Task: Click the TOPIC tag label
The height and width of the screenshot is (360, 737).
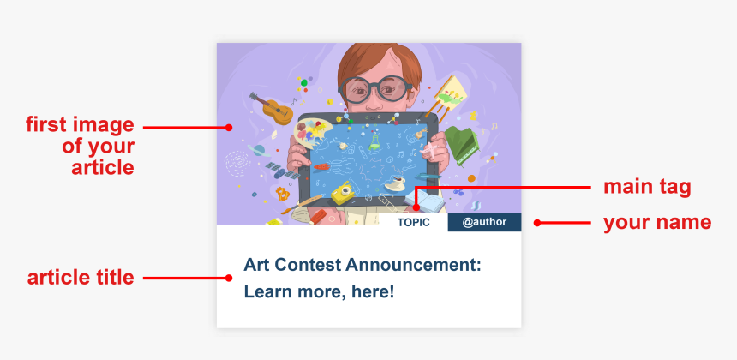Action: click(414, 222)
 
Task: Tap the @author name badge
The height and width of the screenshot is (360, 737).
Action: click(484, 222)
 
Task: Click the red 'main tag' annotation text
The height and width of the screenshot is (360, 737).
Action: click(647, 187)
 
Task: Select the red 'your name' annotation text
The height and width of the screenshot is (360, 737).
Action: click(657, 222)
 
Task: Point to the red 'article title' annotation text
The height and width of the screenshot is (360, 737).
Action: click(81, 277)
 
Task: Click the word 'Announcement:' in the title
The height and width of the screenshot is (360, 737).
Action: click(413, 265)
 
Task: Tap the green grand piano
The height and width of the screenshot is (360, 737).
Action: click(461, 144)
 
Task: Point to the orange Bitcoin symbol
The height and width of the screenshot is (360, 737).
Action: click(283, 194)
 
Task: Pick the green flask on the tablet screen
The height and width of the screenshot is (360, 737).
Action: click(374, 142)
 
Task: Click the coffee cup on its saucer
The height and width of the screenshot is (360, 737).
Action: click(396, 183)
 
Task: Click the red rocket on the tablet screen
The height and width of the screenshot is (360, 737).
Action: click(321, 166)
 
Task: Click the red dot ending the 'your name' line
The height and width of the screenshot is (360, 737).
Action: click(537, 223)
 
